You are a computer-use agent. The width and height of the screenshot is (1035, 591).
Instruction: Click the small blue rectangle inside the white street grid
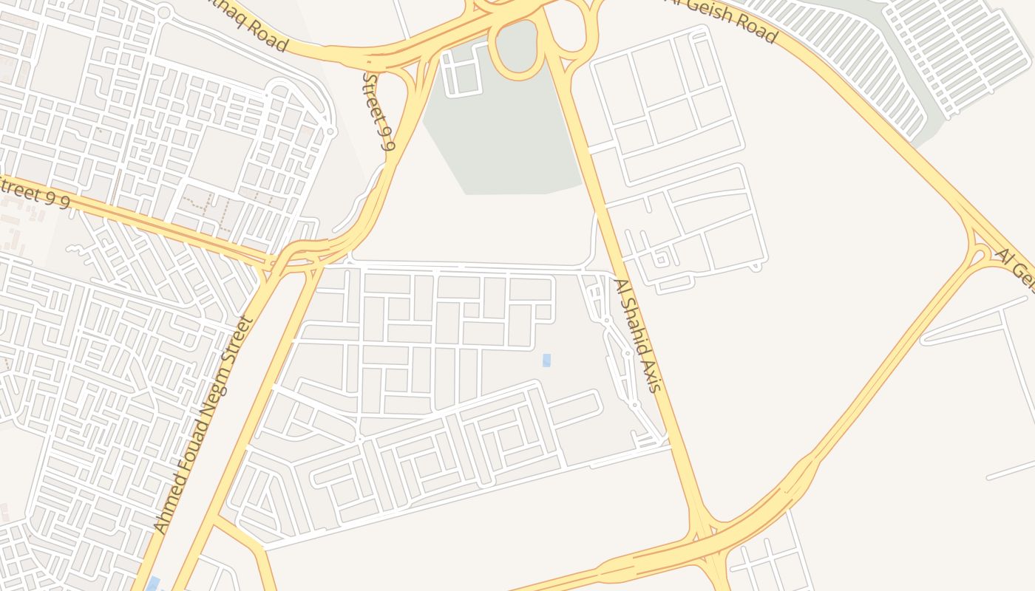pos(546,361)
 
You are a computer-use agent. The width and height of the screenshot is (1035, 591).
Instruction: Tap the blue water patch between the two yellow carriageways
pos(153,584)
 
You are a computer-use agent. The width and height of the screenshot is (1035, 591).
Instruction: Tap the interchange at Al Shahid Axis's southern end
pos(702,539)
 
